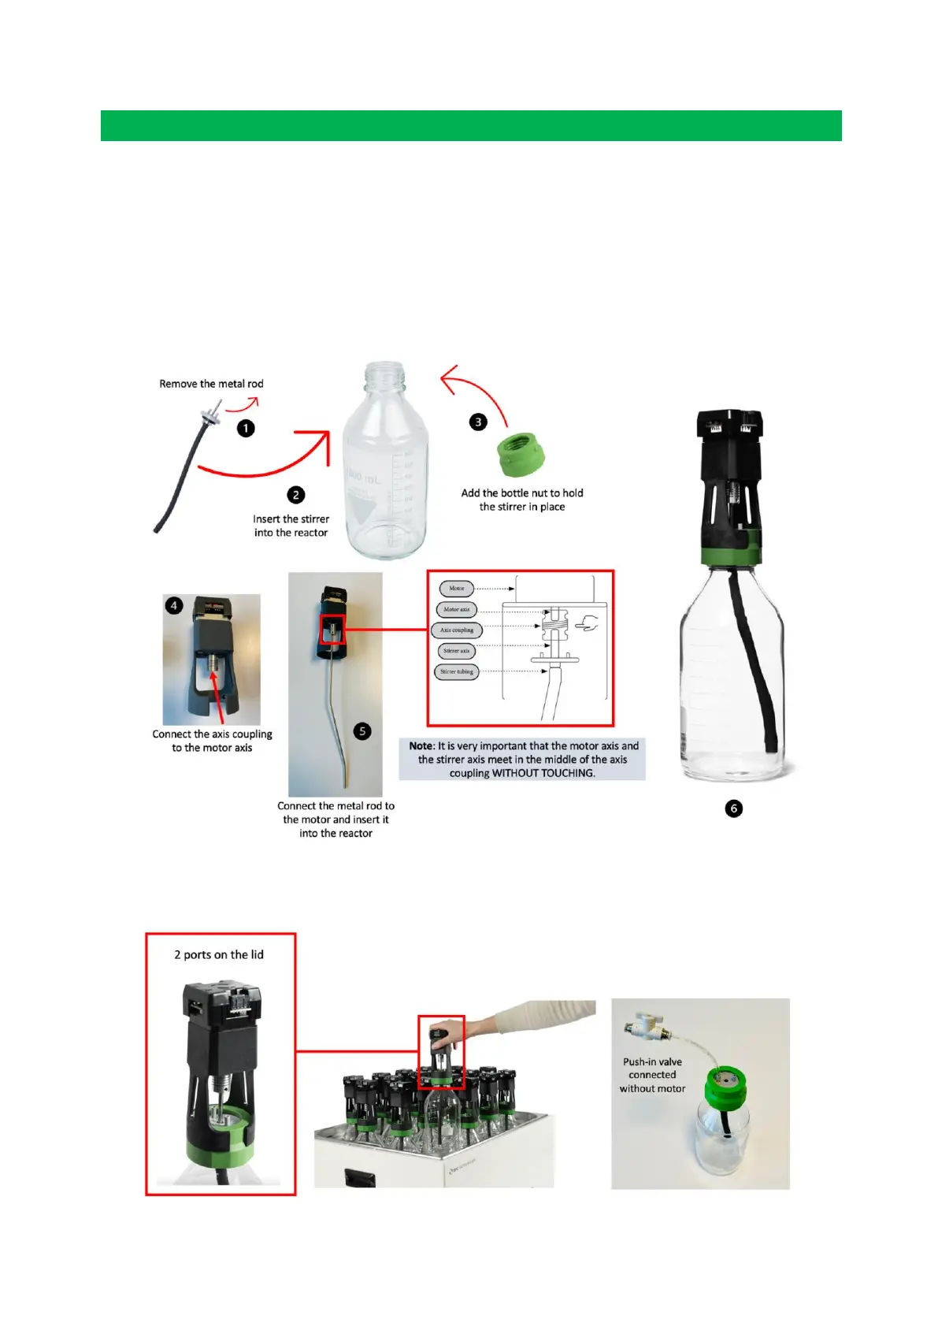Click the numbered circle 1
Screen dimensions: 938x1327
[246, 429]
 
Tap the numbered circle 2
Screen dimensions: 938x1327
[296, 495]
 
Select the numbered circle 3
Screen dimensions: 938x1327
[478, 422]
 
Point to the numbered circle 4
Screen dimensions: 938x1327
[174, 606]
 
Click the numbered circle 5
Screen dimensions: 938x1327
[362, 731]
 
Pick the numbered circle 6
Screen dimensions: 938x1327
[733, 808]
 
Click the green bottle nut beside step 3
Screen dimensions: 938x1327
[522, 454]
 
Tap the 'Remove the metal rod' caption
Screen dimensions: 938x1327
[211, 384]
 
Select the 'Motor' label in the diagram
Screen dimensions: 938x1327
[457, 589]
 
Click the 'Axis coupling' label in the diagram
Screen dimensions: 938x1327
[457, 630]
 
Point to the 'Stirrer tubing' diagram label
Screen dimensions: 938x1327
[457, 672]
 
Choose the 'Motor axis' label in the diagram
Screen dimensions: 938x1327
[456, 609]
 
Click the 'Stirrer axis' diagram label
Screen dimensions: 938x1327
[456, 651]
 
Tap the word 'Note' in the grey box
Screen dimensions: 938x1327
[421, 745]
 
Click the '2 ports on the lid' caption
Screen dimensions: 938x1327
[219, 954]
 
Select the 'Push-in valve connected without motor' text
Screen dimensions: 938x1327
[652, 1075]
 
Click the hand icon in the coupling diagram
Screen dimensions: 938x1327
[586, 625]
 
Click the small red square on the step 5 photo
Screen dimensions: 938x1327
[332, 630]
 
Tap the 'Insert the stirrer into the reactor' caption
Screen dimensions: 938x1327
[291, 526]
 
